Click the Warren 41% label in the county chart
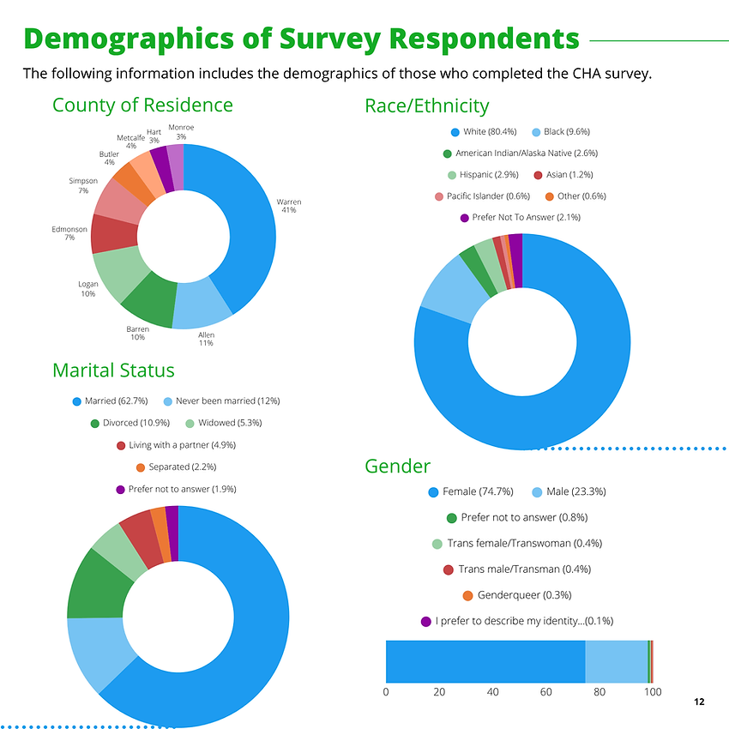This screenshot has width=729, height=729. click(288, 206)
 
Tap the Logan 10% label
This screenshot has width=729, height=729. click(87, 289)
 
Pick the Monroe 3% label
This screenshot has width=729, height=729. click(181, 132)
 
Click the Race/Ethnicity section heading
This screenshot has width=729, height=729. click(426, 106)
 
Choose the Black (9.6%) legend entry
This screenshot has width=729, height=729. click(566, 132)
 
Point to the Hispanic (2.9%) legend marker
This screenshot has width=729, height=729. click(452, 175)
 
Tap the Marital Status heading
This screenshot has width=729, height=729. click(113, 371)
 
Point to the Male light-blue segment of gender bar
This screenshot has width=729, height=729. click(616, 661)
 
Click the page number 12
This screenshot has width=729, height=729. click(699, 702)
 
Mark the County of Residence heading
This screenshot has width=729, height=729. click(142, 105)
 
